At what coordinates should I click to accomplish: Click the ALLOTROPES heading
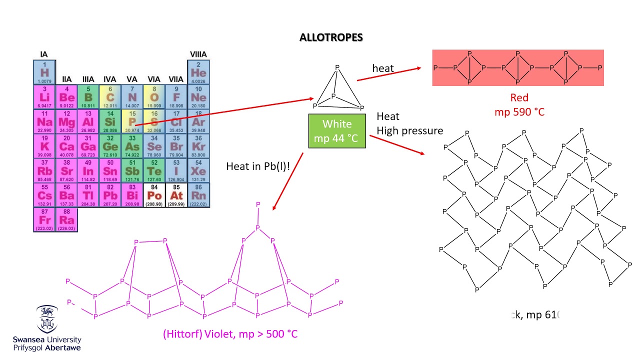pyautogui.click(x=331, y=37)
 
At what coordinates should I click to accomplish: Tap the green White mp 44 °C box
pyautogui.click(x=337, y=131)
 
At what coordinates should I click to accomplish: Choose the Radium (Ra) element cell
pyautogui.click(x=66, y=219)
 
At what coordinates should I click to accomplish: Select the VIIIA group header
pyautogui.click(x=198, y=54)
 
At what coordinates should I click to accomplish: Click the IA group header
pyautogui.click(x=44, y=54)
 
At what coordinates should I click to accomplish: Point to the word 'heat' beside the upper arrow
pyautogui.click(x=383, y=68)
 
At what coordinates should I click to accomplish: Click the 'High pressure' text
pyautogui.click(x=409, y=131)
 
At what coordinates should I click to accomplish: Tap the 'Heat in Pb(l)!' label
pyautogui.click(x=258, y=166)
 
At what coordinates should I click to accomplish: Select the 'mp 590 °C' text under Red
pyautogui.click(x=519, y=112)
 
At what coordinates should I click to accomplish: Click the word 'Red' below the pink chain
pyautogui.click(x=519, y=97)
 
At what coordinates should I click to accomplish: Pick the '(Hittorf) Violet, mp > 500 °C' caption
pyautogui.click(x=230, y=333)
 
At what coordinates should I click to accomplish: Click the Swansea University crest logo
pyautogui.click(x=47, y=319)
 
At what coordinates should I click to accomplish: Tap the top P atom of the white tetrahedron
pyautogui.click(x=337, y=67)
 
